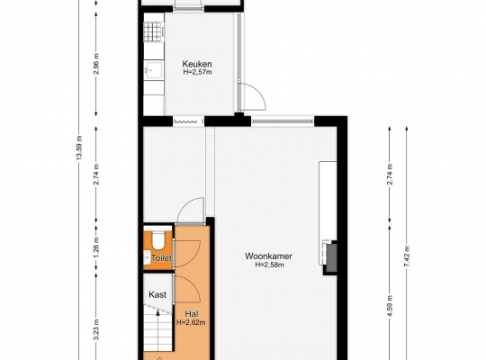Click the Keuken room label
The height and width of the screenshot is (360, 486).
[x=197, y=64]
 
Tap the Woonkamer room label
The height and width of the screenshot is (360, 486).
[x=268, y=256]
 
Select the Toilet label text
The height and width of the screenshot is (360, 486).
[x=161, y=258]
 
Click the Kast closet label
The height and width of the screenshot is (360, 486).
[x=157, y=294]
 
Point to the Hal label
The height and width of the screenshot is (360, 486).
[x=192, y=314]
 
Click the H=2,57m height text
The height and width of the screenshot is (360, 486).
[x=197, y=72]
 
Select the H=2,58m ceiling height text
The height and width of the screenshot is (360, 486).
[x=269, y=265]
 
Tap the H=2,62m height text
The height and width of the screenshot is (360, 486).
[x=191, y=322]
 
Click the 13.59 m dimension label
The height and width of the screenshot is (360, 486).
[x=79, y=148]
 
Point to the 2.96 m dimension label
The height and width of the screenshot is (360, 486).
[x=96, y=64]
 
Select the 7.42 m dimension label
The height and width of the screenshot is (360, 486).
[x=407, y=256]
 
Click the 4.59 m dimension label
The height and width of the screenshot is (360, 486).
[x=390, y=306]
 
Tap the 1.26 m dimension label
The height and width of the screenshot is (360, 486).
[x=96, y=247]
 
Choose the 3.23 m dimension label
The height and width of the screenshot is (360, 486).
[x=96, y=329]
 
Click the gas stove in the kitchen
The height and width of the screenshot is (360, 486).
[x=154, y=31]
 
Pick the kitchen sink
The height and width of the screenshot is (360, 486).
[x=153, y=70]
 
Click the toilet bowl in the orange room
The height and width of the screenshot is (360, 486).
[x=158, y=240]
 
